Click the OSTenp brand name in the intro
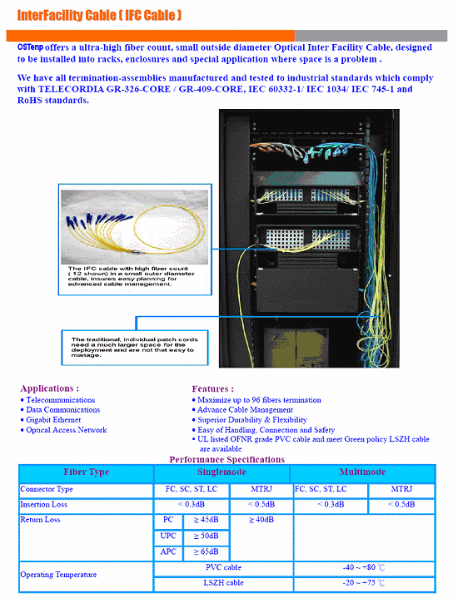click(31, 47)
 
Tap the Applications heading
click(50, 388)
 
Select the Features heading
click(212, 388)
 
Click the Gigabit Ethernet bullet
click(53, 420)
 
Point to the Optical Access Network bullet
click(67, 430)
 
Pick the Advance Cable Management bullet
click(245, 410)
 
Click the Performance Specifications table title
click(227, 459)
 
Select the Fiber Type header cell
click(86, 472)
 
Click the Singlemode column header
click(223, 472)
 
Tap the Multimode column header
click(362, 472)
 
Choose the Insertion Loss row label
click(45, 505)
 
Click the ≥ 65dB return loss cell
click(206, 551)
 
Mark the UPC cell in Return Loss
click(168, 536)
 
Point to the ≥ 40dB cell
click(263, 521)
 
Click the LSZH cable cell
click(223, 582)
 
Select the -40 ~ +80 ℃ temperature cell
click(364, 567)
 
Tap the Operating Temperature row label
click(58, 575)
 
